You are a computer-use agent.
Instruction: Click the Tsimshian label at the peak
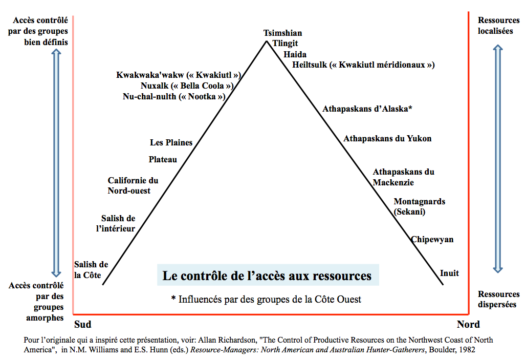[x=282, y=33]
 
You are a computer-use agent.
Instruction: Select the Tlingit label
[x=285, y=44]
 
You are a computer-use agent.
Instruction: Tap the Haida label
[x=295, y=54]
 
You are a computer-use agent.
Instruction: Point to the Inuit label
[x=449, y=273]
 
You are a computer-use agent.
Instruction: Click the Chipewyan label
[x=432, y=239]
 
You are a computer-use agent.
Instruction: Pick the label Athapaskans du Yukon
[x=387, y=138]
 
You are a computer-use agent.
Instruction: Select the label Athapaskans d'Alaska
[x=367, y=109]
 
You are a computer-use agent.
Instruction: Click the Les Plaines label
[x=171, y=142]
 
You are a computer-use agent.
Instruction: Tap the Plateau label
[x=163, y=159]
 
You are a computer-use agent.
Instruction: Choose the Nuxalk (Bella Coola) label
[x=187, y=86]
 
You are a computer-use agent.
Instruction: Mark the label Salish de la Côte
[x=91, y=270]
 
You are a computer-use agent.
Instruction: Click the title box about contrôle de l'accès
[x=267, y=276]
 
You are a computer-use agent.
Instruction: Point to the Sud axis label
[x=83, y=324]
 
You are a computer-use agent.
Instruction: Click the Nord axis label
[x=468, y=324]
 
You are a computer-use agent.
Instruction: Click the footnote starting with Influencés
[x=266, y=299]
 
